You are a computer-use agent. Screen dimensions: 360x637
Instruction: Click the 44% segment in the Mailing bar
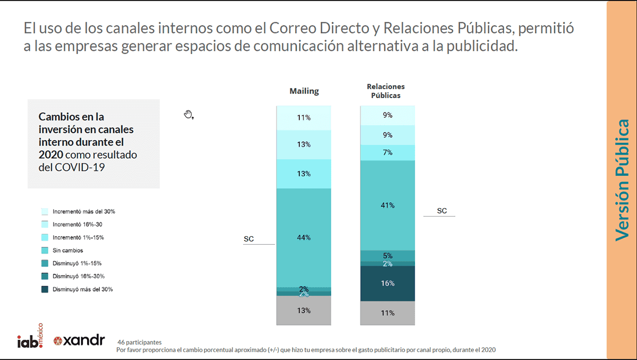click(x=304, y=237)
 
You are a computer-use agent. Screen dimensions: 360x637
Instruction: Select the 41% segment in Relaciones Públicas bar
click(x=388, y=205)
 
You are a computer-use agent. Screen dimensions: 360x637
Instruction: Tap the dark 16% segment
click(x=388, y=284)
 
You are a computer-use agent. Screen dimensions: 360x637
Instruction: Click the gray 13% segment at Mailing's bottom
click(x=304, y=311)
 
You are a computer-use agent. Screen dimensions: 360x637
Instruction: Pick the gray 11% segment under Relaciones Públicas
click(x=388, y=313)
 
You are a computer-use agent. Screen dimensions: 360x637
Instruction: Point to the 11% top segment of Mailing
click(x=304, y=118)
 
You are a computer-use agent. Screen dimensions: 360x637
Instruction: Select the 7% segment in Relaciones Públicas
click(x=388, y=152)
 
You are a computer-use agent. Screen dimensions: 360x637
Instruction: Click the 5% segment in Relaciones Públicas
click(x=388, y=255)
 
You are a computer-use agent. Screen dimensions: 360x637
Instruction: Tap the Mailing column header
click(x=304, y=91)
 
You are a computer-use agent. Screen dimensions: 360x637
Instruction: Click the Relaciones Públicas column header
click(x=386, y=91)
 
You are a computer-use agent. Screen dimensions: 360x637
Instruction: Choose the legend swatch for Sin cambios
click(x=45, y=251)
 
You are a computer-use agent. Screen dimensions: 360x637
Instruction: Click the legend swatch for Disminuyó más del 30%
click(x=45, y=289)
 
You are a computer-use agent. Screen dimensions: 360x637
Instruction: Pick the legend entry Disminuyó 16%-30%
click(x=78, y=276)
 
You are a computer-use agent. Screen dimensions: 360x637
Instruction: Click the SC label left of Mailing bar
click(x=249, y=239)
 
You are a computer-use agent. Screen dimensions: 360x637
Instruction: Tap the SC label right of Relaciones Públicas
click(x=442, y=211)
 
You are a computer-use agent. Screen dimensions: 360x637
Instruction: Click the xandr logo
click(x=79, y=341)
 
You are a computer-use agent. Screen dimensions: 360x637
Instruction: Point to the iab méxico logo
click(x=31, y=338)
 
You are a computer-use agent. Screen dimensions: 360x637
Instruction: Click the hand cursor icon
click(x=188, y=114)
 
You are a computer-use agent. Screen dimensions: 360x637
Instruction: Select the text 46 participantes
click(x=140, y=342)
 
